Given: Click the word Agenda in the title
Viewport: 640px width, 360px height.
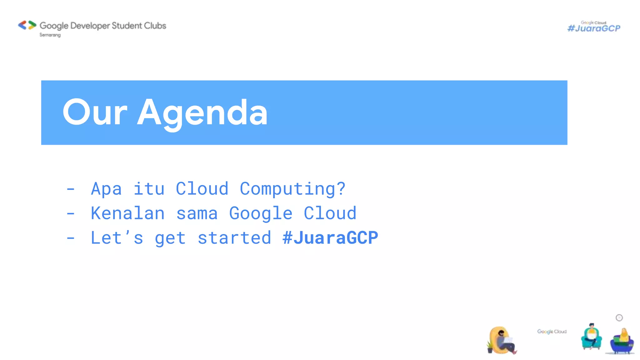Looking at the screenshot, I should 202,112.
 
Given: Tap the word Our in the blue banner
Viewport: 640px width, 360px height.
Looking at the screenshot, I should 95,112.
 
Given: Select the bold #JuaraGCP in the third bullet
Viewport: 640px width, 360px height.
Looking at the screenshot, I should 330,238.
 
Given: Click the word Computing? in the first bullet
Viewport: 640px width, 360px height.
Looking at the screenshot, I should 292,189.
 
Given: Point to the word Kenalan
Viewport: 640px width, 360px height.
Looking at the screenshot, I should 127,213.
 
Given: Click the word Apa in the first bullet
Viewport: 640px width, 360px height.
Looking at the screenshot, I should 106,189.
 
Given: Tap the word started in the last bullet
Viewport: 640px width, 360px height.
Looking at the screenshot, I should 234,238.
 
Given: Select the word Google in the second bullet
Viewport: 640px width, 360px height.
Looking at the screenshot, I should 261,213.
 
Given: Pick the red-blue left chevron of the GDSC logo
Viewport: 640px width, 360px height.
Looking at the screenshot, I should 22,25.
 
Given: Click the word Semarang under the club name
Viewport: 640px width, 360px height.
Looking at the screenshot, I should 50,35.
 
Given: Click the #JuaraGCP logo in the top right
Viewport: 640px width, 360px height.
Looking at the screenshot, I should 594,27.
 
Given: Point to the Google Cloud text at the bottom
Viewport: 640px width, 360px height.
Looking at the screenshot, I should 552,332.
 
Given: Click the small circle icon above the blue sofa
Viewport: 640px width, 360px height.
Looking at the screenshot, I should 619,318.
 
